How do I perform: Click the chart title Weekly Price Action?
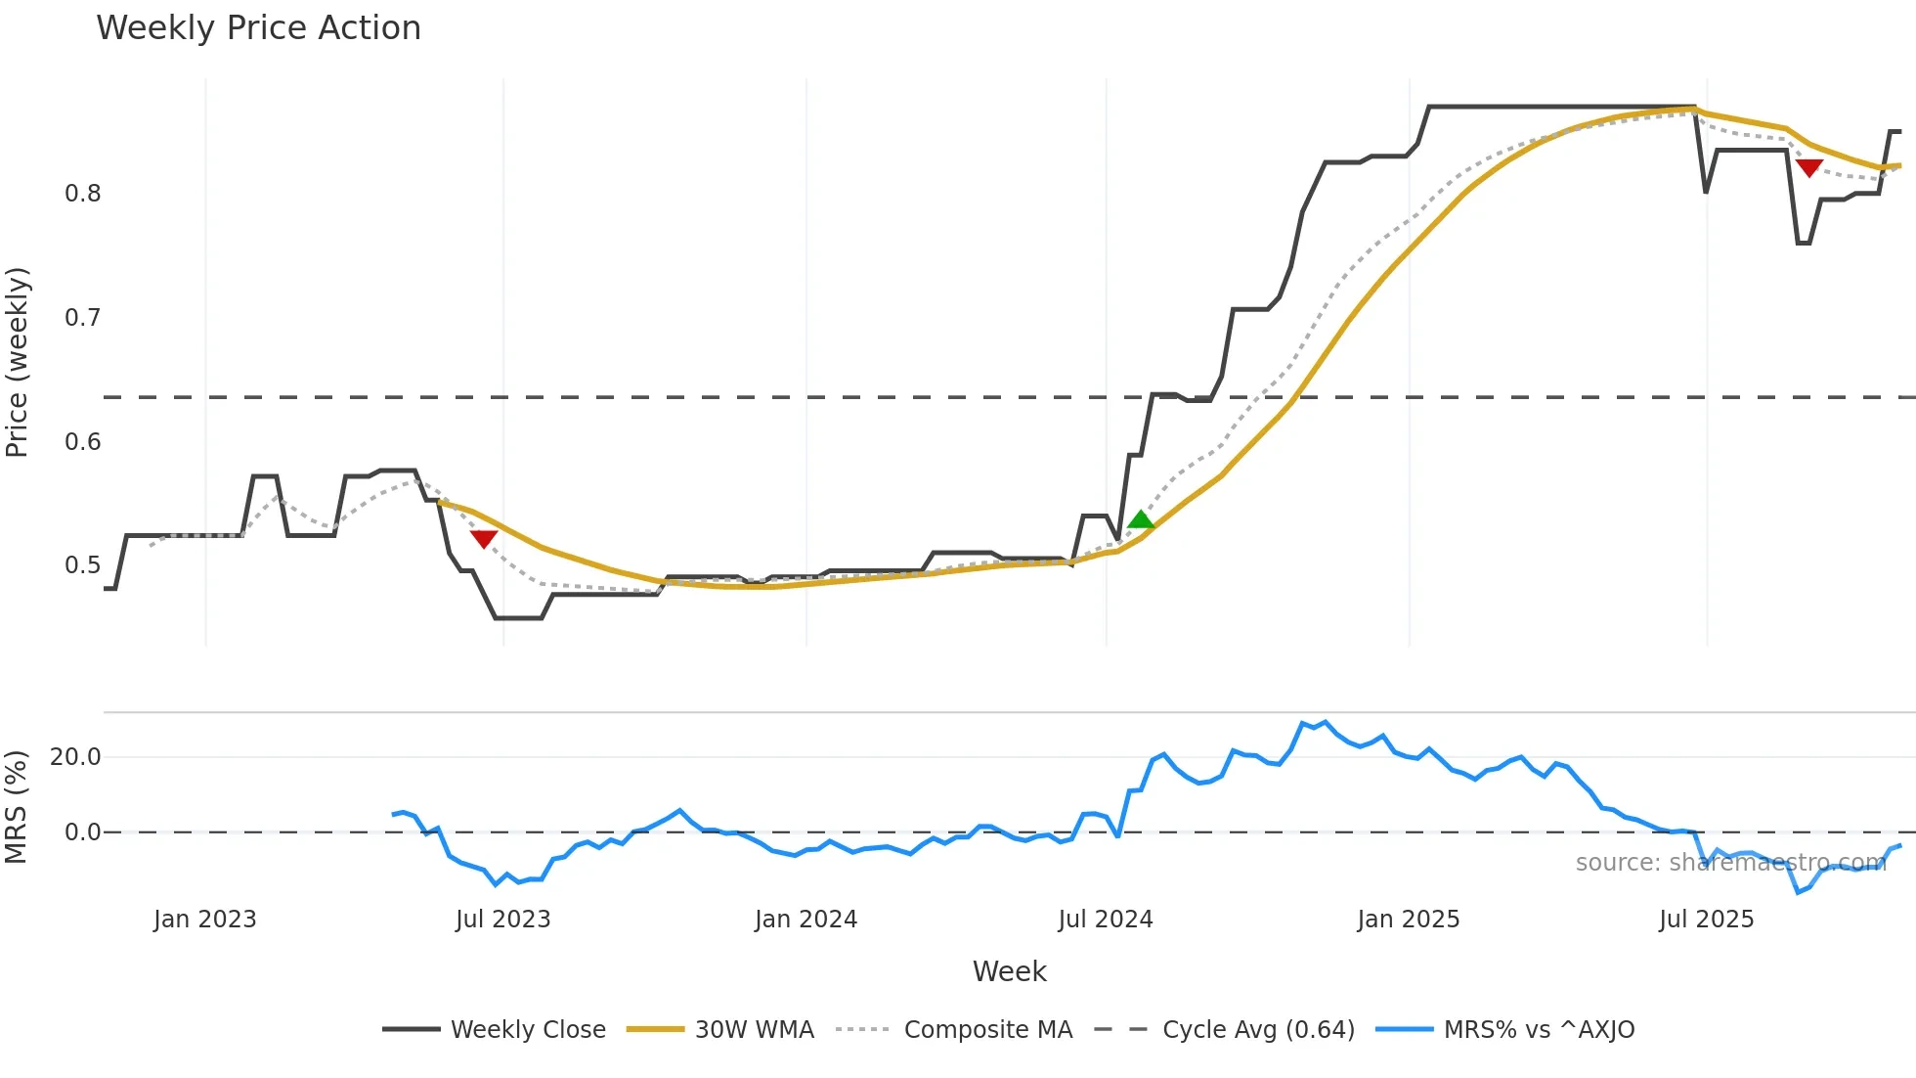tap(258, 28)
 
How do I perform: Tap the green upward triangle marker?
tap(1141, 519)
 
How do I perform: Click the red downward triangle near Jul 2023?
tap(484, 538)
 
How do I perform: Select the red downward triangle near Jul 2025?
tap(1808, 168)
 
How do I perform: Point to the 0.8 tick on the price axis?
tap(83, 194)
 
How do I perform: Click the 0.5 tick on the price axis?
tap(83, 565)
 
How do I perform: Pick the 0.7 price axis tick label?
tap(83, 318)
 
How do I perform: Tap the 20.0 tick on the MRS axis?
tap(75, 757)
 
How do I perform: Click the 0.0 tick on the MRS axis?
tap(83, 832)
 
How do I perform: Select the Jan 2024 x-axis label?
tap(806, 920)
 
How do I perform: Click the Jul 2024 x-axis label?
tap(1106, 920)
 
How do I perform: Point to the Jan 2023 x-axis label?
tap(205, 920)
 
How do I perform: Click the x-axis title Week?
tap(1009, 971)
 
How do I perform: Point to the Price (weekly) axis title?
tap(18, 362)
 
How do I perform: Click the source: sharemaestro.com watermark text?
tap(1730, 863)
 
